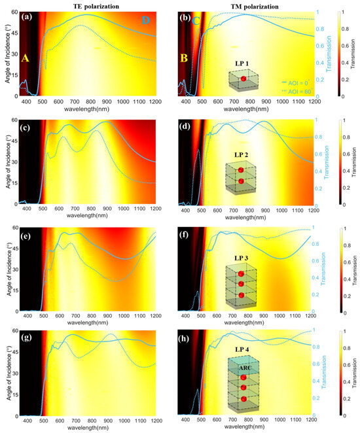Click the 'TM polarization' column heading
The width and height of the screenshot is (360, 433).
pyautogui.click(x=251, y=5)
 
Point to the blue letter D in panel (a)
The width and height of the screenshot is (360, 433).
pyautogui.click(x=146, y=22)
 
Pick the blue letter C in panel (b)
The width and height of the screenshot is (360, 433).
pyautogui.click(x=196, y=22)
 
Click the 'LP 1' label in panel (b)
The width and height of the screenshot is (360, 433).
pyautogui.click(x=243, y=64)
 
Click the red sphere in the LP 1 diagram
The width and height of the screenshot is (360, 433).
pyautogui.click(x=243, y=79)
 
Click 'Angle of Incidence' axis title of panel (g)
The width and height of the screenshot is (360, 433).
pyautogui.click(x=7, y=373)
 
